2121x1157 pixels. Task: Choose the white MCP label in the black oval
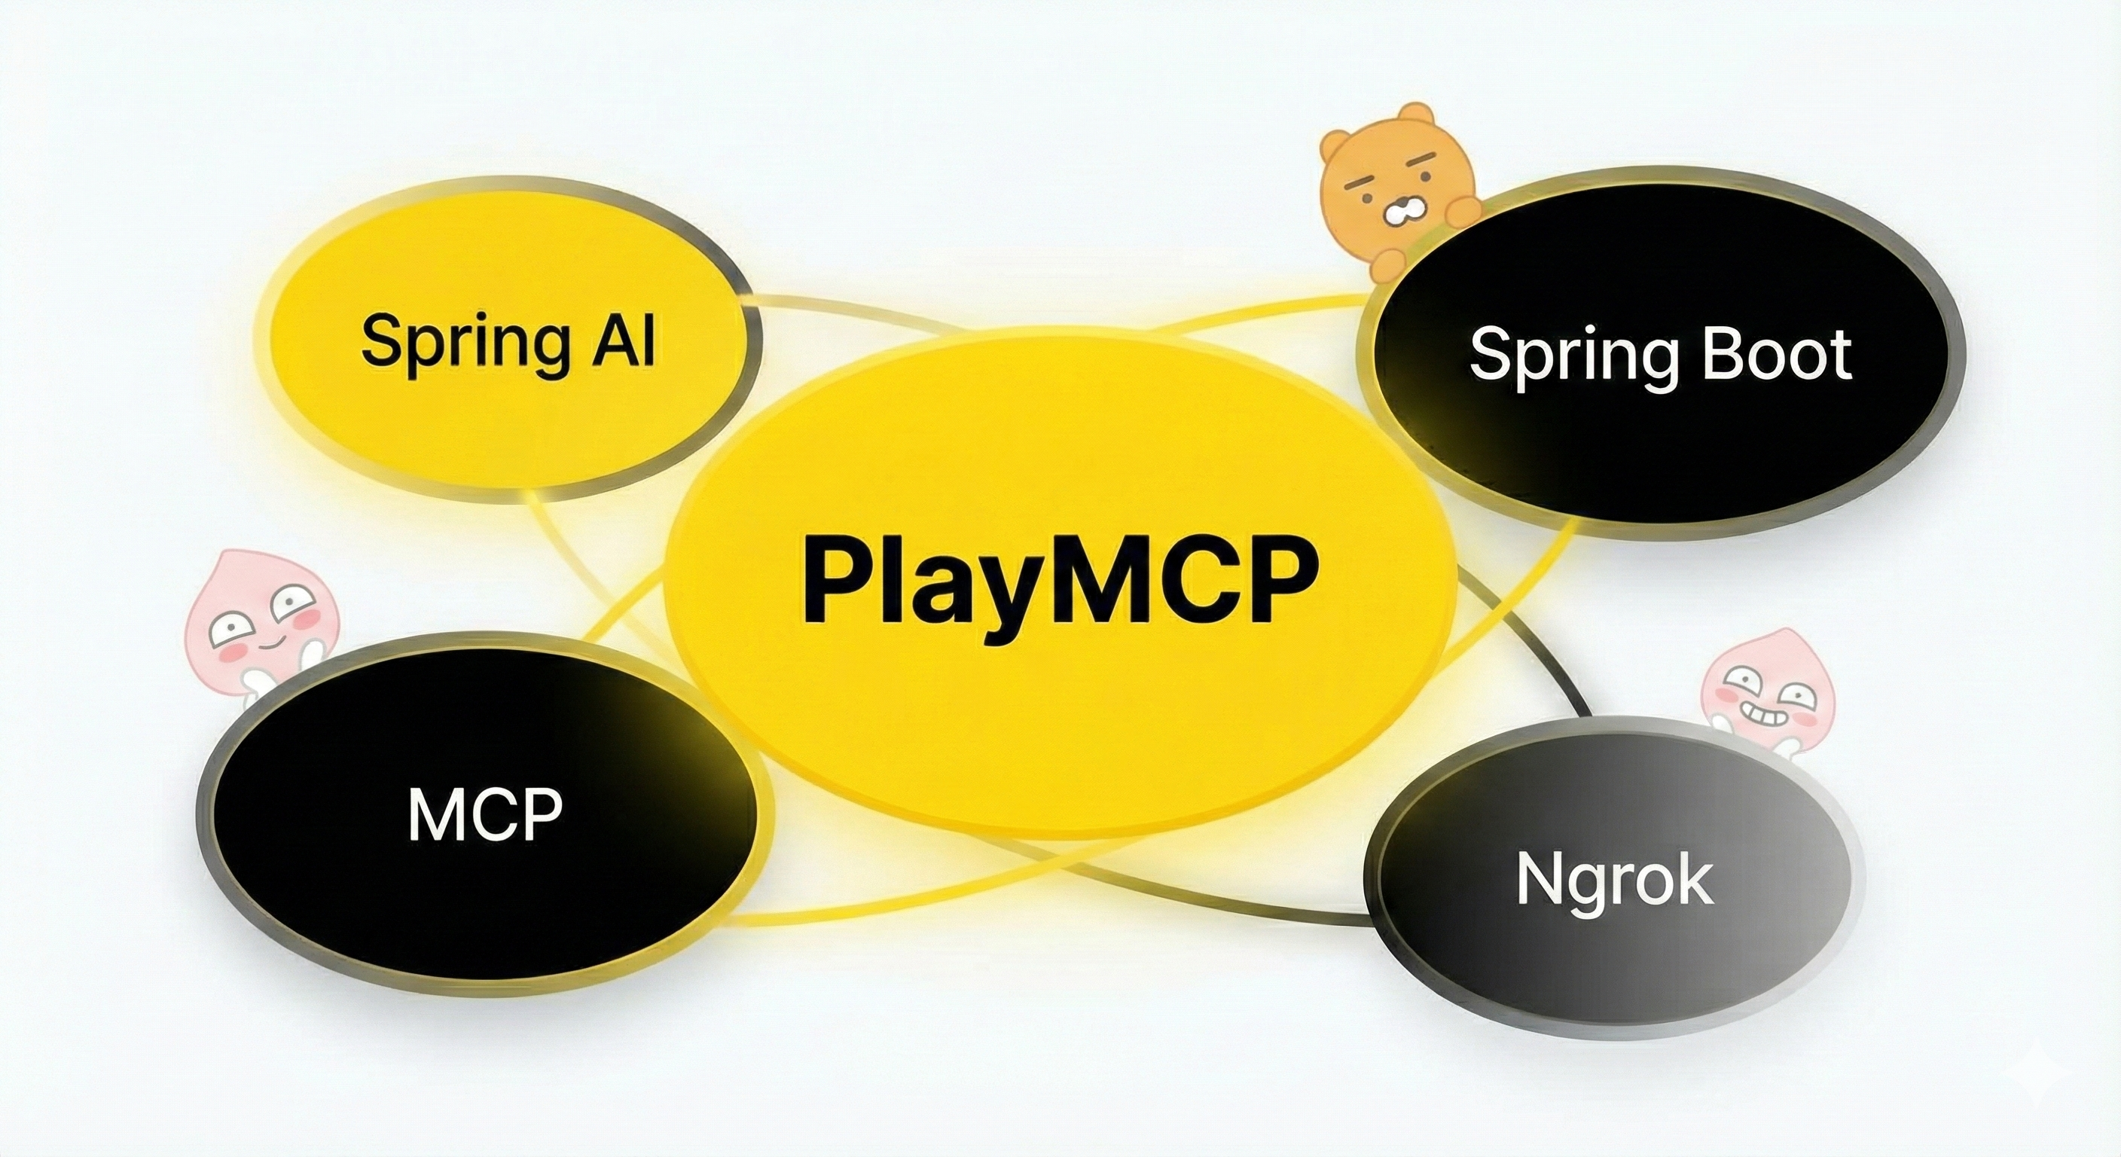pyautogui.click(x=485, y=814)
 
